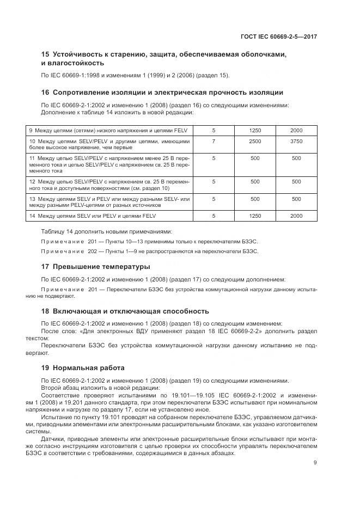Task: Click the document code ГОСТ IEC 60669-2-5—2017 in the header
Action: click(x=278, y=36)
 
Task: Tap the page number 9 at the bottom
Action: click(x=315, y=463)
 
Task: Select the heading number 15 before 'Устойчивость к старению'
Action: click(x=45, y=54)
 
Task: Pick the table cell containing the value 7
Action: click(x=213, y=141)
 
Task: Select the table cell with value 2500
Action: click(x=255, y=141)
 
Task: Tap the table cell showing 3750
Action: click(x=296, y=141)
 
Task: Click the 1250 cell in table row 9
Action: click(x=255, y=131)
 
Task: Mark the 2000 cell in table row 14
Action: click(x=296, y=216)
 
